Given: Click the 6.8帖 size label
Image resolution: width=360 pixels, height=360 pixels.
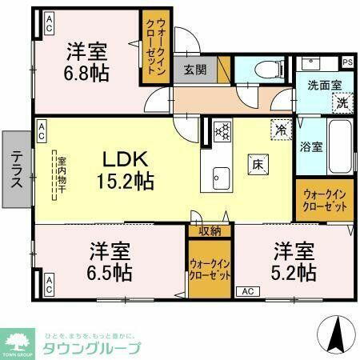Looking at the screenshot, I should click(87, 71).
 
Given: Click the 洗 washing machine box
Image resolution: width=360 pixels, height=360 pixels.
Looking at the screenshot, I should click(342, 101).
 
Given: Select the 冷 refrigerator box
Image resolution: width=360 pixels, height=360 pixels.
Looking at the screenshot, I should click(280, 126).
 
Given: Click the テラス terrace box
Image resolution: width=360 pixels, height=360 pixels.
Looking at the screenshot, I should click(16, 169).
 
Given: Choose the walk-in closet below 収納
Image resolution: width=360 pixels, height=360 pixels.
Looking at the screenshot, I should click(210, 267).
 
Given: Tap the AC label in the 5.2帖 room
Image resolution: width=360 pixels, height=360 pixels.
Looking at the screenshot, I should click(246, 291).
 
